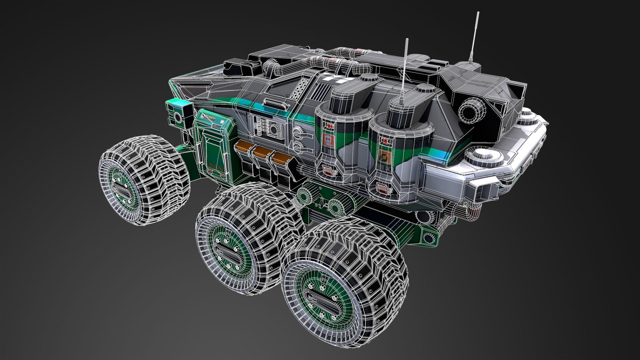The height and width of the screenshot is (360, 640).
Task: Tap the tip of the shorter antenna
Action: [407, 40]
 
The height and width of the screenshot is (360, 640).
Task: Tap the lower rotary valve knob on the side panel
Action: [298, 146]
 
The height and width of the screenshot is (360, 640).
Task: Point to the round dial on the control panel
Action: [275, 130]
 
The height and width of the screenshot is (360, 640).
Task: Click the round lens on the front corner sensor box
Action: [178, 117]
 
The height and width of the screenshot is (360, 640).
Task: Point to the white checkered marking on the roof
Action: [337, 79]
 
